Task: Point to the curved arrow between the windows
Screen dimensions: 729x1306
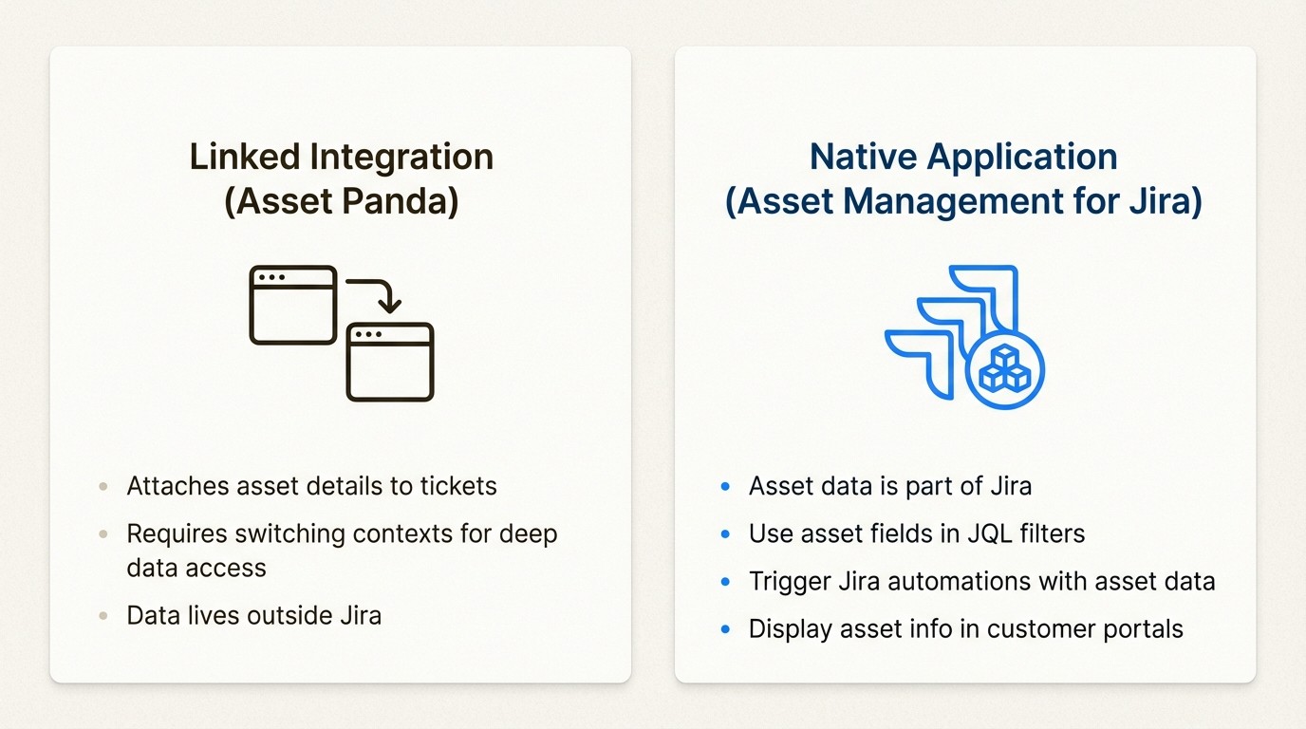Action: click(377, 292)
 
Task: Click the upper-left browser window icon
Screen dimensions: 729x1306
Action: click(293, 305)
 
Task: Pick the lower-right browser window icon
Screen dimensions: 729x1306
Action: click(390, 362)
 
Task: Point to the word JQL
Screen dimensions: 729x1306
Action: click(962, 533)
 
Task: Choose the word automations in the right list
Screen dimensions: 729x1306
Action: click(961, 581)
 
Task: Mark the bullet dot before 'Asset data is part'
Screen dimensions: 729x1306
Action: click(726, 487)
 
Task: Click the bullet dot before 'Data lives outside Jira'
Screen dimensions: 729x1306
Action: click(103, 616)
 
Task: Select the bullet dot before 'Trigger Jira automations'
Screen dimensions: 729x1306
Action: click(726, 581)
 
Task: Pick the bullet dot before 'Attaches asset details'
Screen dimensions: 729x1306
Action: click(103, 487)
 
